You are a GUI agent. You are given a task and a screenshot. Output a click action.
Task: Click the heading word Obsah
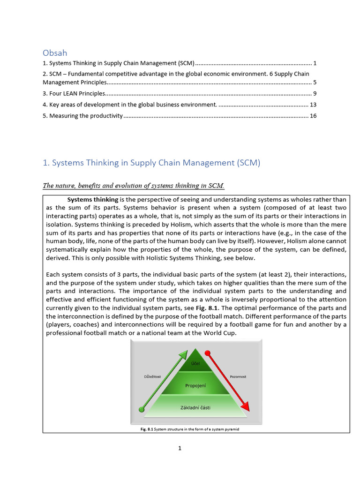pyautogui.click(x=54, y=53)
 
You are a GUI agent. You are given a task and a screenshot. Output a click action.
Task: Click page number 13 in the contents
pyautogui.click(x=313, y=105)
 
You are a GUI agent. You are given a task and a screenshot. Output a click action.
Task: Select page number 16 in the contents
pyautogui.click(x=313, y=116)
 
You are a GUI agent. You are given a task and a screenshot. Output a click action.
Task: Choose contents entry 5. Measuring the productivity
pyautogui.click(x=82, y=116)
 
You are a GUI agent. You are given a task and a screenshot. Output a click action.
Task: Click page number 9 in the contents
pyautogui.click(x=315, y=93)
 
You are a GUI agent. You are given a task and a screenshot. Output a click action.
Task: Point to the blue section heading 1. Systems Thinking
pyautogui.click(x=151, y=163)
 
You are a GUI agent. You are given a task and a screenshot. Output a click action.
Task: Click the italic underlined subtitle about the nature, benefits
pyautogui.click(x=134, y=186)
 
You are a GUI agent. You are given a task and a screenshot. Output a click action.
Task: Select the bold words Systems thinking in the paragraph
pyautogui.click(x=93, y=199)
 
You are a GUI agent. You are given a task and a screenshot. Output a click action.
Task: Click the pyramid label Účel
pyautogui.click(x=195, y=363)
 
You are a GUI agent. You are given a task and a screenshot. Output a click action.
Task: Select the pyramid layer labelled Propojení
pyautogui.click(x=195, y=385)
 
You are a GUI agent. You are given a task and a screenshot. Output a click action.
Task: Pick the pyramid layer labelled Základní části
pyautogui.click(x=195, y=407)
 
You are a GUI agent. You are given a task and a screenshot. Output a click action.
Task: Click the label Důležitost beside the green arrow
pyautogui.click(x=152, y=376)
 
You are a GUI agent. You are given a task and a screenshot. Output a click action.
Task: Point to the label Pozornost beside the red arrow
pyautogui.click(x=238, y=376)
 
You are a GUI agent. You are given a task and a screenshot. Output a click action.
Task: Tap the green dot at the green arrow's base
pyautogui.click(x=142, y=410)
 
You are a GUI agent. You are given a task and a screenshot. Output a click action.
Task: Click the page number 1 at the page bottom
pyautogui.click(x=180, y=449)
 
